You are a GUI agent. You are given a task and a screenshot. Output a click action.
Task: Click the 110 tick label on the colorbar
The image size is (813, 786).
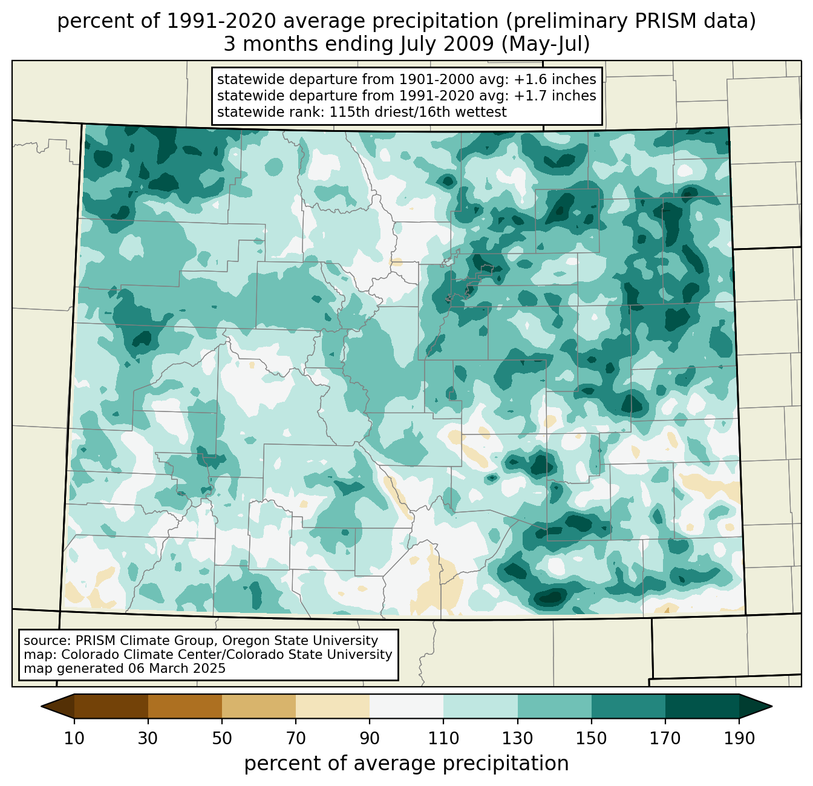pos(443,738)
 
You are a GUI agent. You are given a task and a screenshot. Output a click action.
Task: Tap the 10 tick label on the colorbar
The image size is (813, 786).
pos(74,738)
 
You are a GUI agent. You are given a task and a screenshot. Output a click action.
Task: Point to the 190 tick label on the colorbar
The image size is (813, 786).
pos(739,738)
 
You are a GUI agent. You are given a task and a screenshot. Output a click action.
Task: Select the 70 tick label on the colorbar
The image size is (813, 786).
pos(296,738)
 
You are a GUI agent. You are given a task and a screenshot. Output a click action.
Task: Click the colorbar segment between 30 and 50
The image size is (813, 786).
pos(185,706)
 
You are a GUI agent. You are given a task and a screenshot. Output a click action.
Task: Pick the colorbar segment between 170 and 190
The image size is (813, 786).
pos(702,706)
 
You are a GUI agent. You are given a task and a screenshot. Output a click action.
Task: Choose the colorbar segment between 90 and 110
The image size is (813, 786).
pos(406,706)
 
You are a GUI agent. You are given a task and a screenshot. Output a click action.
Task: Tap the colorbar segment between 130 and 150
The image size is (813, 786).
pos(554,706)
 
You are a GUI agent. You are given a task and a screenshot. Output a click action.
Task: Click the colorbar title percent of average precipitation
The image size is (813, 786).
pos(406,764)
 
